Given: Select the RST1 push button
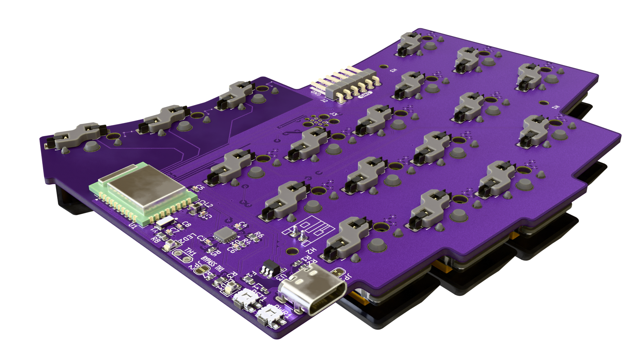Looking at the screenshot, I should coord(247,298).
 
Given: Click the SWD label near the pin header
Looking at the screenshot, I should coord(364,96).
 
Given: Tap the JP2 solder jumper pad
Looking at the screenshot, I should coord(201,270).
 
